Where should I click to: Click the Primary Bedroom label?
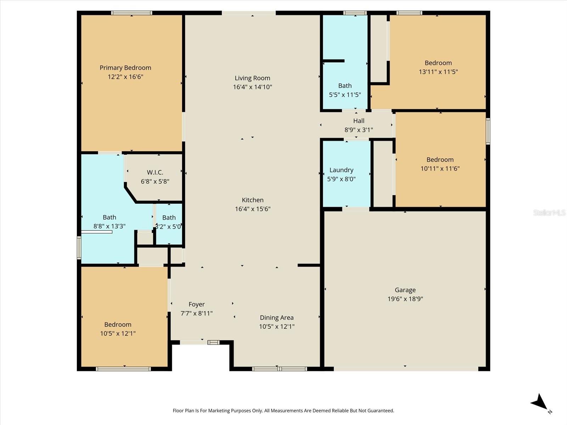tap(125, 68)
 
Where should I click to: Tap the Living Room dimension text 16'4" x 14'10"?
tap(252, 87)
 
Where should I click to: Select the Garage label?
tap(405, 290)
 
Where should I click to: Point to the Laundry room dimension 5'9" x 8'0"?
tap(341, 179)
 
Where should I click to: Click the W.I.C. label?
tap(155, 172)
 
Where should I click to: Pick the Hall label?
tap(359, 121)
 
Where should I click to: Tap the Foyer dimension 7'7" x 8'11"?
tap(196, 313)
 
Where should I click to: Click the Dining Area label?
tap(276, 318)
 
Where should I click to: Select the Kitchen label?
tap(252, 200)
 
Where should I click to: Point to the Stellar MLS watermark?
tap(549, 212)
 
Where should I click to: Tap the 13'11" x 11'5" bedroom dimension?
tap(438, 72)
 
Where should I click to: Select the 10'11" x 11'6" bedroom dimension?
tap(440, 169)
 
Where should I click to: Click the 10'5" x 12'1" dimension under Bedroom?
tap(118, 334)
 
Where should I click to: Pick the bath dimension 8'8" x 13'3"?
tap(109, 226)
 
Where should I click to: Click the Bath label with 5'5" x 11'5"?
tap(345, 86)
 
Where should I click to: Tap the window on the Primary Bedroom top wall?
tap(131, 13)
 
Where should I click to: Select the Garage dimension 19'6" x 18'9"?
tap(405, 299)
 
